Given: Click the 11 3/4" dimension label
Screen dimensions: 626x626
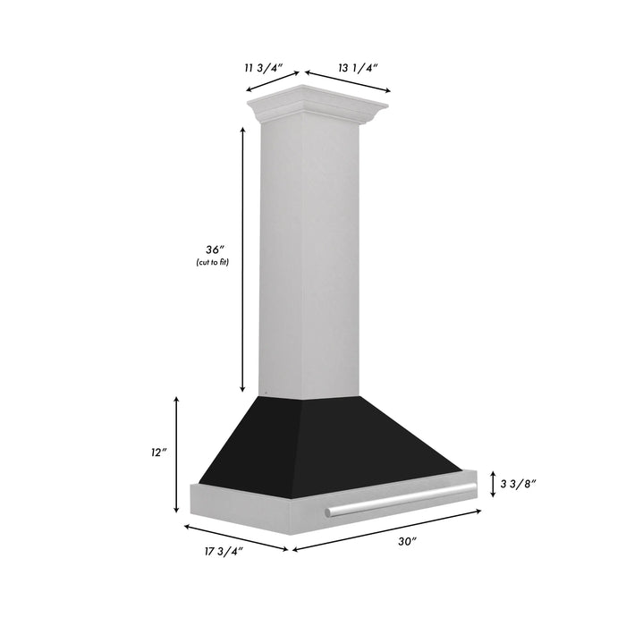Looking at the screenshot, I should coord(265,65).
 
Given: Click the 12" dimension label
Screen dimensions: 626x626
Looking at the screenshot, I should coord(159,453).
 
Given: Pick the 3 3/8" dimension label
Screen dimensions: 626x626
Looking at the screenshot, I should coord(518,484).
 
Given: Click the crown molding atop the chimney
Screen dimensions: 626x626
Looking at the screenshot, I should coord(318,106).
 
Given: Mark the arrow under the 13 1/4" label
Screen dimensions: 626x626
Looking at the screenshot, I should coord(347,81).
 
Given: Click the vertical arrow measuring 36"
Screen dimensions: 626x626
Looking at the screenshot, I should coord(242,259).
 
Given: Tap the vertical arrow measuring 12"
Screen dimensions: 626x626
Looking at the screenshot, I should coord(177,454).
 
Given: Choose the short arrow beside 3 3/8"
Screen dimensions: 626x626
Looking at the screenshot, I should coord(493,484).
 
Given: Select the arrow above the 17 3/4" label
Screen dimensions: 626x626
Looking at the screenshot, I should coord(236,535).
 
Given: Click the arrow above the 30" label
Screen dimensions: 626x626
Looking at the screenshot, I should coord(387,530).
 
